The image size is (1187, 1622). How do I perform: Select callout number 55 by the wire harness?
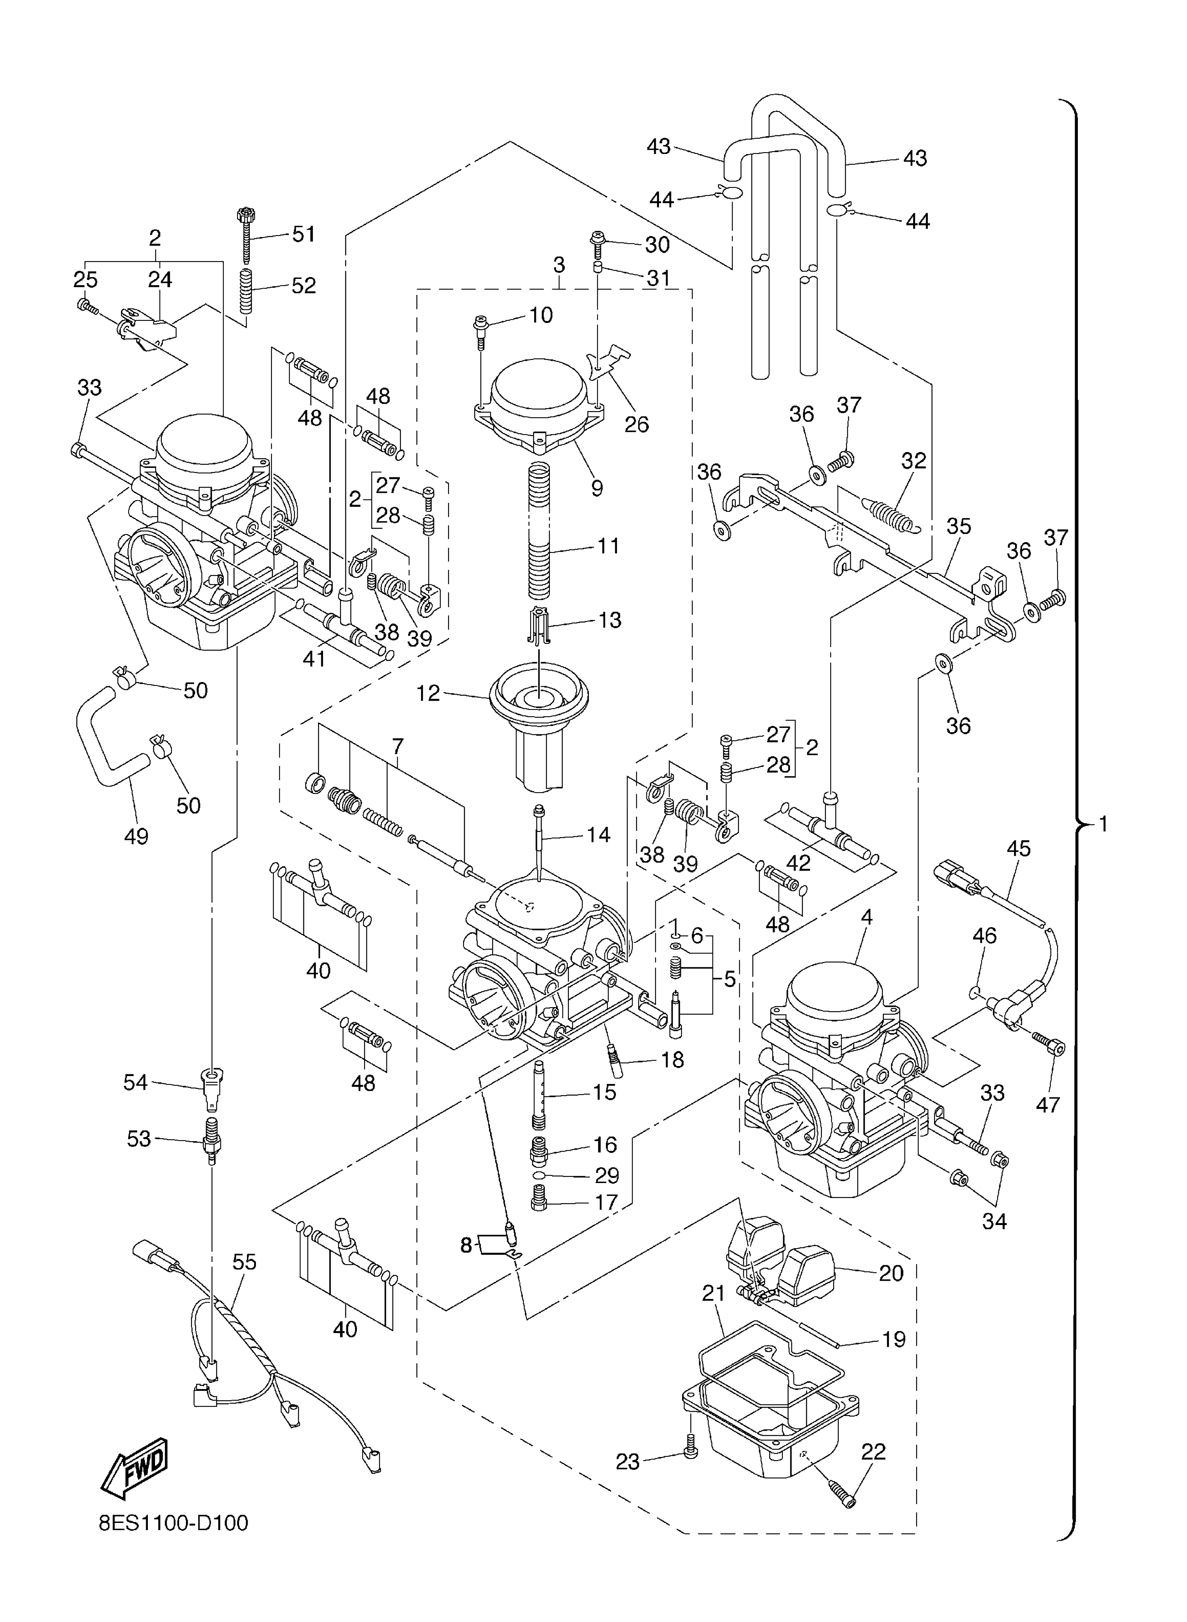pos(244,1262)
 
